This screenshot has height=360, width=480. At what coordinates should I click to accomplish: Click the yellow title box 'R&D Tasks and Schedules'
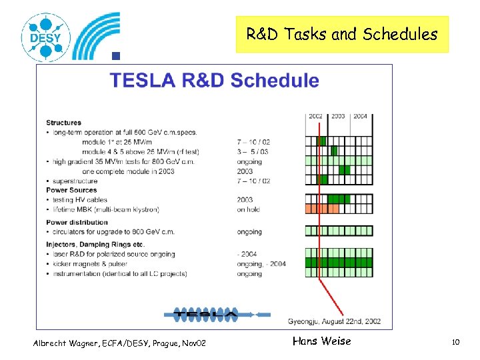(342, 35)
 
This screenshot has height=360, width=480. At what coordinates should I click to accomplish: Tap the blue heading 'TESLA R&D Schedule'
(214, 81)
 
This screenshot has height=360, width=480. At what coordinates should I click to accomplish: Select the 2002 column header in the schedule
(316, 116)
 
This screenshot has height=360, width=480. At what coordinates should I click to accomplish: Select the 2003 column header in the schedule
(338, 116)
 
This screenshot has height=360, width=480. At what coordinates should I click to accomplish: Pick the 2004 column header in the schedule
(360, 116)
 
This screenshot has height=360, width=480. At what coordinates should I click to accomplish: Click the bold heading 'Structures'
(63, 123)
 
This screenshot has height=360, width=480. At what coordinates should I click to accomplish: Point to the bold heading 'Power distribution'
(77, 222)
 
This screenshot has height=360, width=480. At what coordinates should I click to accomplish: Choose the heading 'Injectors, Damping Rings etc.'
(97, 245)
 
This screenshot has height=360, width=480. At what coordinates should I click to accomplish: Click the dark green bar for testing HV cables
(338, 199)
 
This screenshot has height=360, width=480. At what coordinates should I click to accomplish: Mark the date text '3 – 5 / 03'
(253, 152)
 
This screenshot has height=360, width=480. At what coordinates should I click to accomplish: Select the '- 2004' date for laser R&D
(247, 254)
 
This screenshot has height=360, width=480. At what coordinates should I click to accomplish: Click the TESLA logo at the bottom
(205, 313)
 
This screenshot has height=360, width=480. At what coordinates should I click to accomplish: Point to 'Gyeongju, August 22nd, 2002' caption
(335, 321)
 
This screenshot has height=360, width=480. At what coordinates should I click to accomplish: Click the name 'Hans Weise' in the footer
(321, 341)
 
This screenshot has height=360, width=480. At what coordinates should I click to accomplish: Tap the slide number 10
(456, 342)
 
